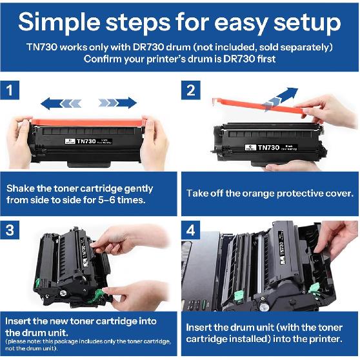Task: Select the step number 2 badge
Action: click(191, 90)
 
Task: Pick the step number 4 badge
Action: click(191, 230)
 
